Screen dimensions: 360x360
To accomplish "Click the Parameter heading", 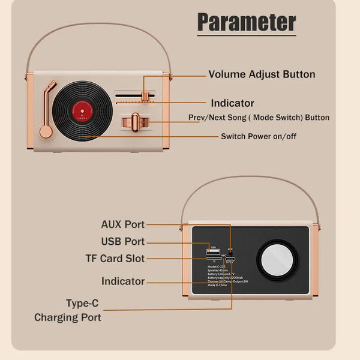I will tap(247, 22).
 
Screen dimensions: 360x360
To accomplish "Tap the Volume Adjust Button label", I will tap(262, 75).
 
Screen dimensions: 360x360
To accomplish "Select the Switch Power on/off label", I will tap(259, 136).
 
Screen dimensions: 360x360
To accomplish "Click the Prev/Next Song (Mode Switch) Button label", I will tap(266, 118).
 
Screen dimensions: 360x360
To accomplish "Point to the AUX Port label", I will tap(122, 224).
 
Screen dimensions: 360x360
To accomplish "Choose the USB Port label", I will tap(122, 242).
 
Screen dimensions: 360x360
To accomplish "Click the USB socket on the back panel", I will tap(214, 251).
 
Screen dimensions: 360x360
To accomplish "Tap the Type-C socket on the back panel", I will tap(230, 260).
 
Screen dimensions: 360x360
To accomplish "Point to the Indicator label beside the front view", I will tap(232, 103).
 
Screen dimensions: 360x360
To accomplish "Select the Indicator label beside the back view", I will tap(122, 281).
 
